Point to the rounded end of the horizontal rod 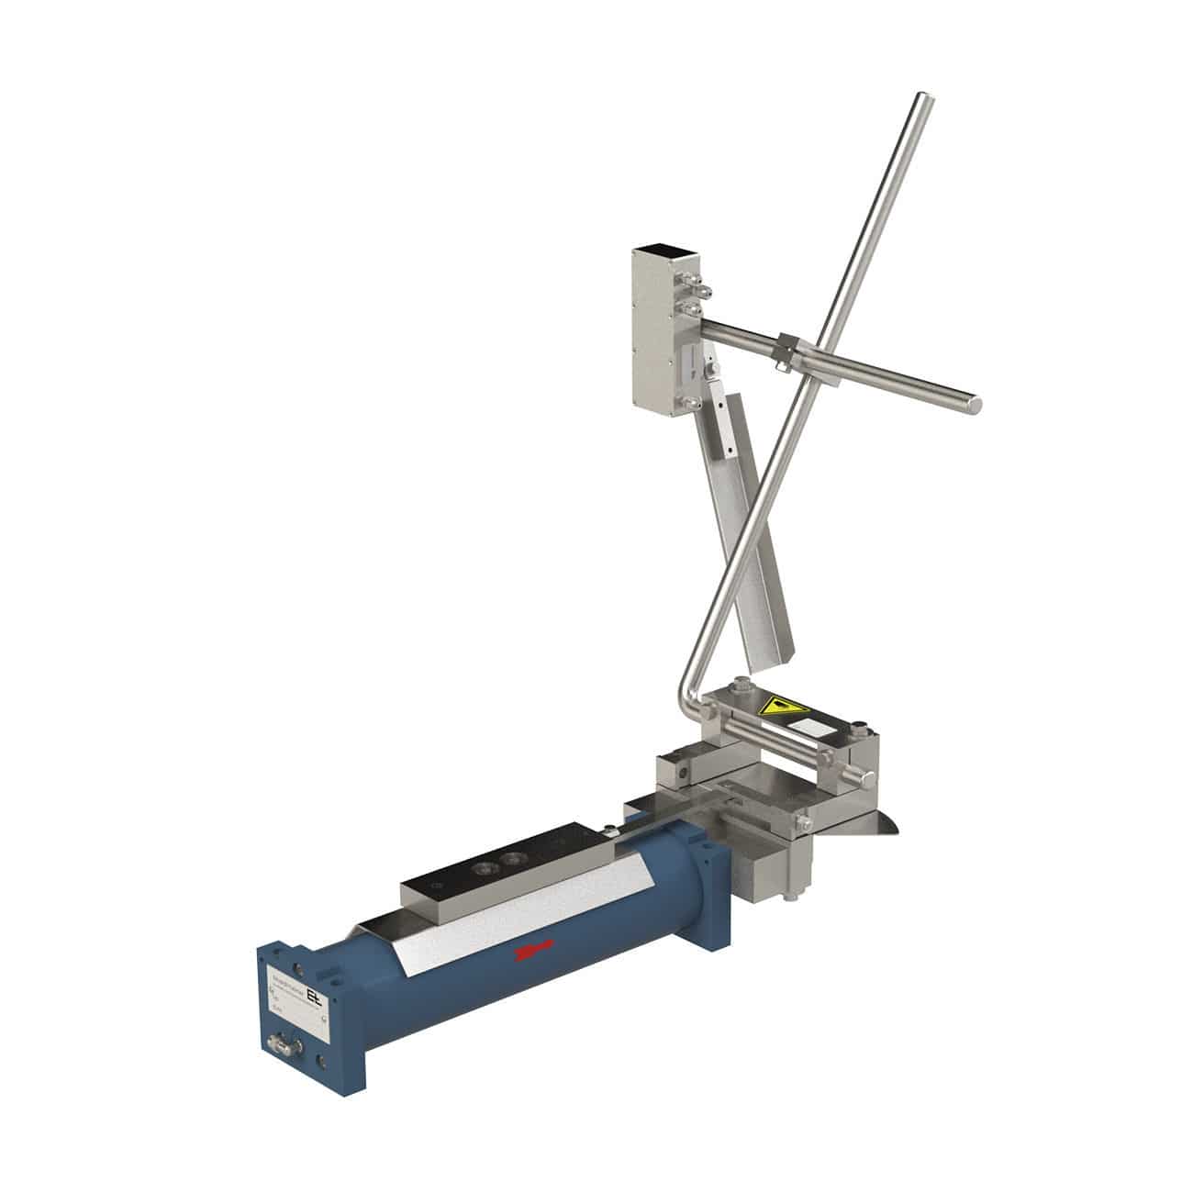[975, 402]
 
